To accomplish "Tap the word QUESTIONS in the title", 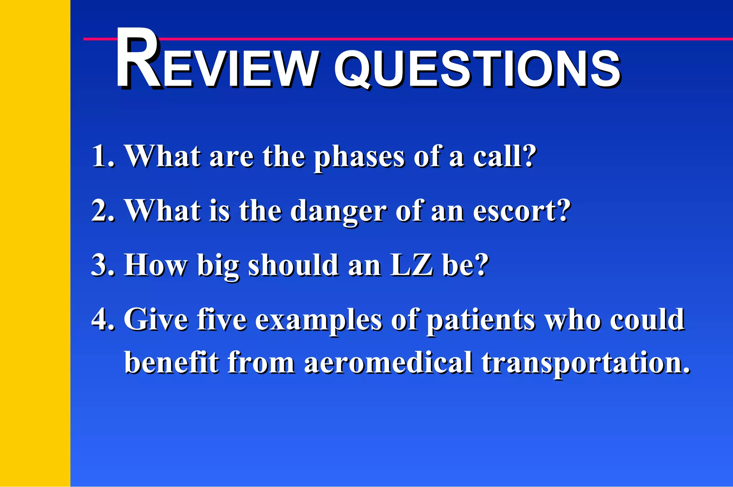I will point(476,68).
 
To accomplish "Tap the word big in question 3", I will point(218,267).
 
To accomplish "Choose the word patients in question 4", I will point(480,320).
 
